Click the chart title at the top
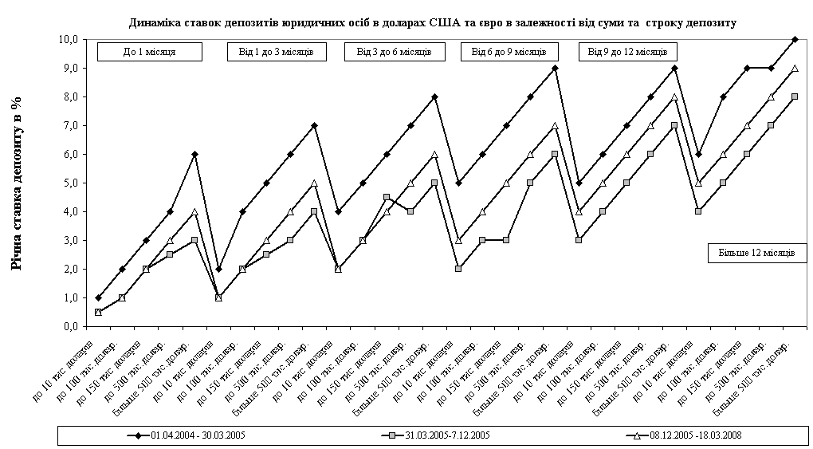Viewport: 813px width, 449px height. click(432, 22)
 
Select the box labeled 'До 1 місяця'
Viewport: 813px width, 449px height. click(150, 52)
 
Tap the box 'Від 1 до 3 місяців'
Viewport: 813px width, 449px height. click(270, 52)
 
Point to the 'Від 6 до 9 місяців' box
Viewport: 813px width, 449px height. click(509, 52)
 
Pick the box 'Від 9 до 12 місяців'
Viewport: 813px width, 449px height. click(628, 52)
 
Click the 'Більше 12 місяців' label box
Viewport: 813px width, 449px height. click(757, 253)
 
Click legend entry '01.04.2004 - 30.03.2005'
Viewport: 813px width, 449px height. click(191, 435)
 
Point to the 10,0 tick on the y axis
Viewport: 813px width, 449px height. click(69, 39)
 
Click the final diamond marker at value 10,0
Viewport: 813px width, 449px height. click(795, 39)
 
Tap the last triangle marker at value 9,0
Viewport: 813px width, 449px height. click(795, 68)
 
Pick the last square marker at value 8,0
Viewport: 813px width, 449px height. click(795, 96)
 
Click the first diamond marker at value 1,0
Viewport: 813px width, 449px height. click(98, 297)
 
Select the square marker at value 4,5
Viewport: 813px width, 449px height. click(387, 197)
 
